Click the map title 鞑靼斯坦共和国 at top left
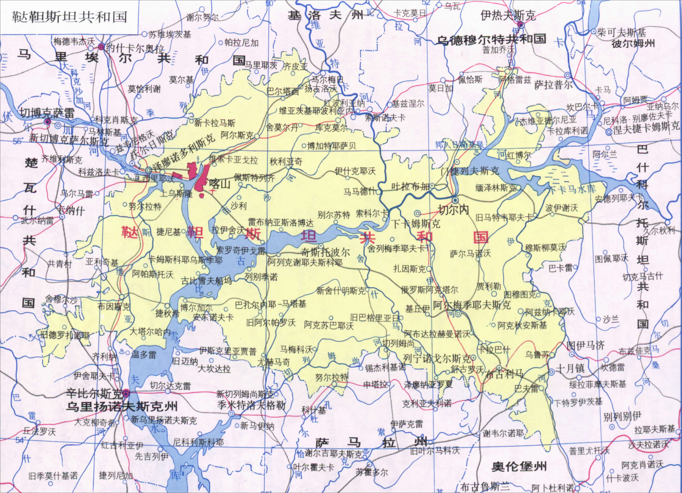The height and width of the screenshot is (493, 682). pos(69,17)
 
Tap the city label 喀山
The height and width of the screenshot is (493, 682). pos(220,183)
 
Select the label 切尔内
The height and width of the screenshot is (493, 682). pos(454,210)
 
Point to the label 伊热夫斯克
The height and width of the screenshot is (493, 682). pos(508,15)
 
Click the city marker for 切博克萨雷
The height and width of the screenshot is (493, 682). pos(47,122)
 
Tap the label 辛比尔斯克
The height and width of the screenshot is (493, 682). pos(94,393)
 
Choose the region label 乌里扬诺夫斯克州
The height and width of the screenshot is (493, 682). pos(122,406)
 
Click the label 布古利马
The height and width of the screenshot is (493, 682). pos(504,374)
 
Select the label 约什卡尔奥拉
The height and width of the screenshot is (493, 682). pos(135,48)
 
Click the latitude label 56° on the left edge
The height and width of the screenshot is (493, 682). pos(17,141)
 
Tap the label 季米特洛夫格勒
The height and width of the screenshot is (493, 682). pos(251,405)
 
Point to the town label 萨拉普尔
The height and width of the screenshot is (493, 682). pos(553,85)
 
